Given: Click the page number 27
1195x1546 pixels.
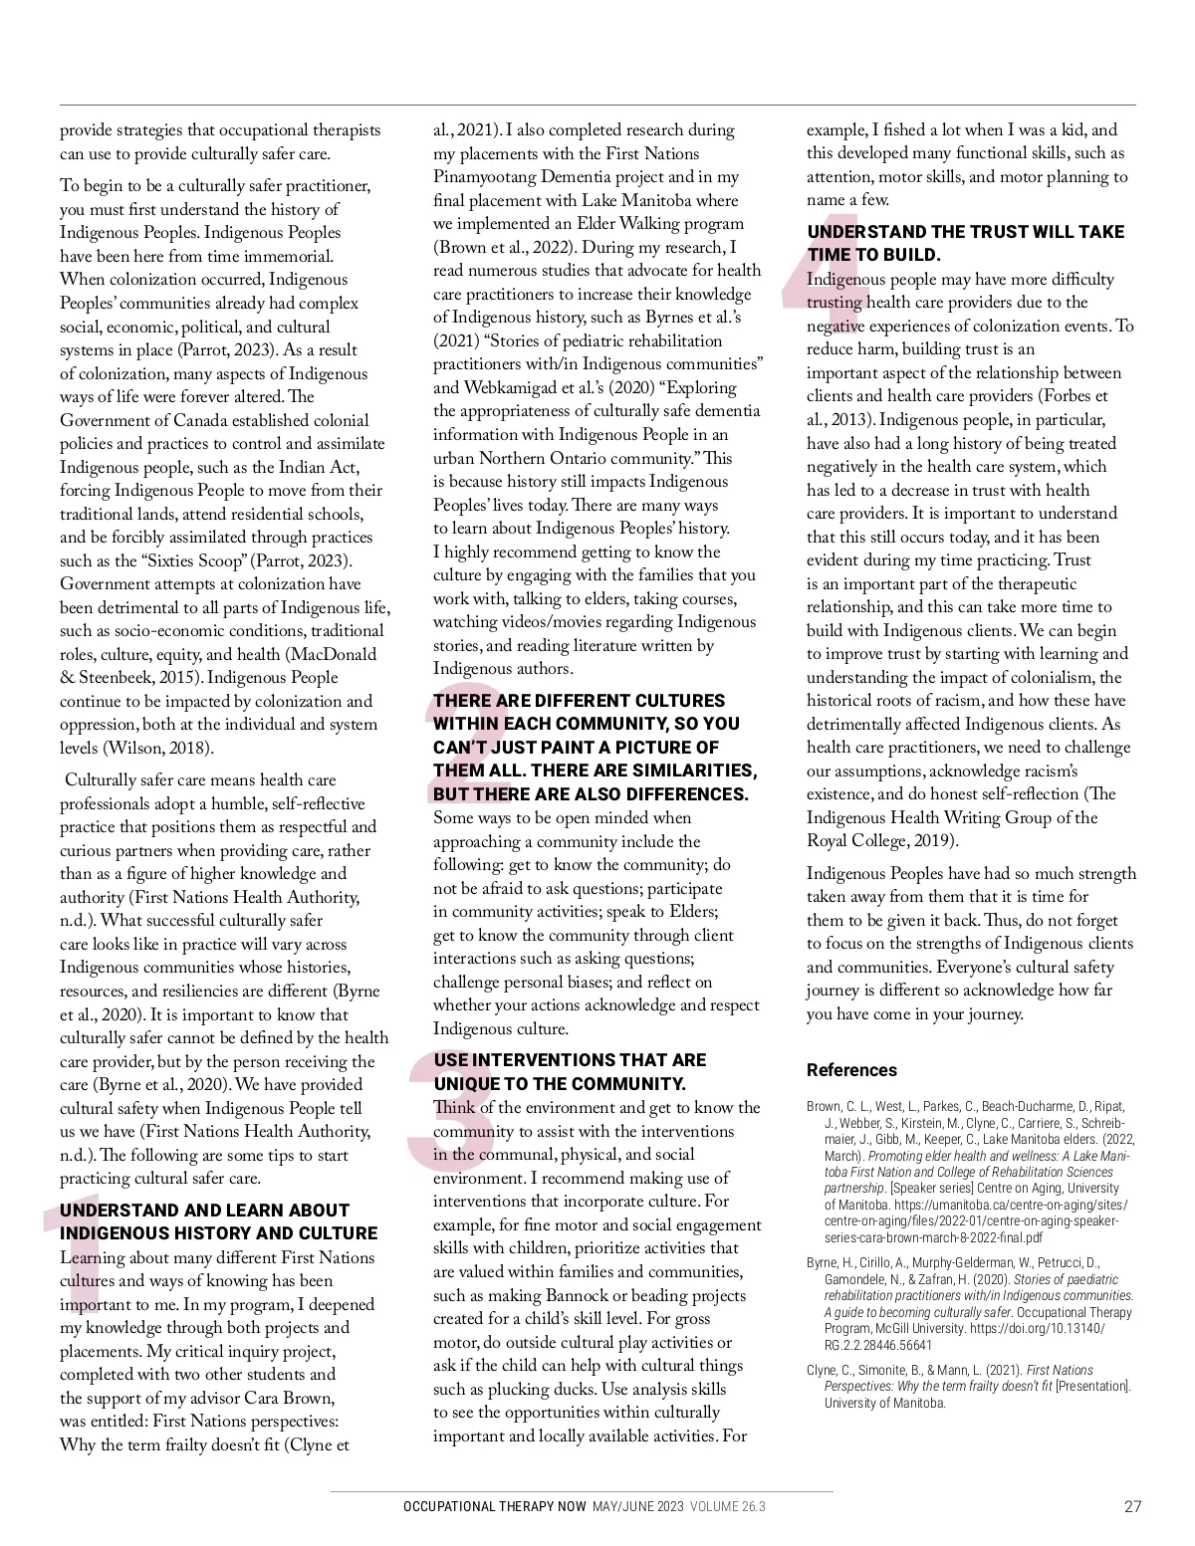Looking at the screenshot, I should [1132, 1506].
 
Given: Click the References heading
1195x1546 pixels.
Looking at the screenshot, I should [851, 1070].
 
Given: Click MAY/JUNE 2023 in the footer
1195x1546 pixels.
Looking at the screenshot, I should [637, 1507].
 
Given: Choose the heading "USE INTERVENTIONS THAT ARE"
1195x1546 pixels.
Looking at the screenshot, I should [570, 1060].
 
